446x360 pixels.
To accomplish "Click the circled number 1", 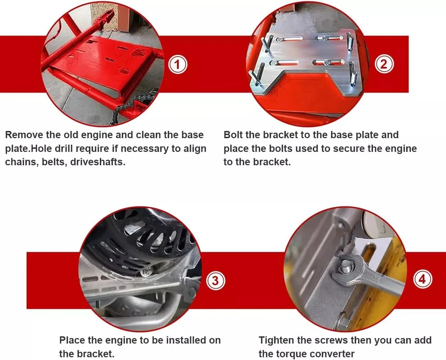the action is [x=178, y=65].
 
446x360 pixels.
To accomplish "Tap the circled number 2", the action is [x=384, y=64].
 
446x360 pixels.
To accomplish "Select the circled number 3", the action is [x=215, y=281].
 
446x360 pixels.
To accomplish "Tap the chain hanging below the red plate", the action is [x=134, y=107].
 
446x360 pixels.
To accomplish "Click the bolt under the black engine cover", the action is [x=145, y=272].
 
